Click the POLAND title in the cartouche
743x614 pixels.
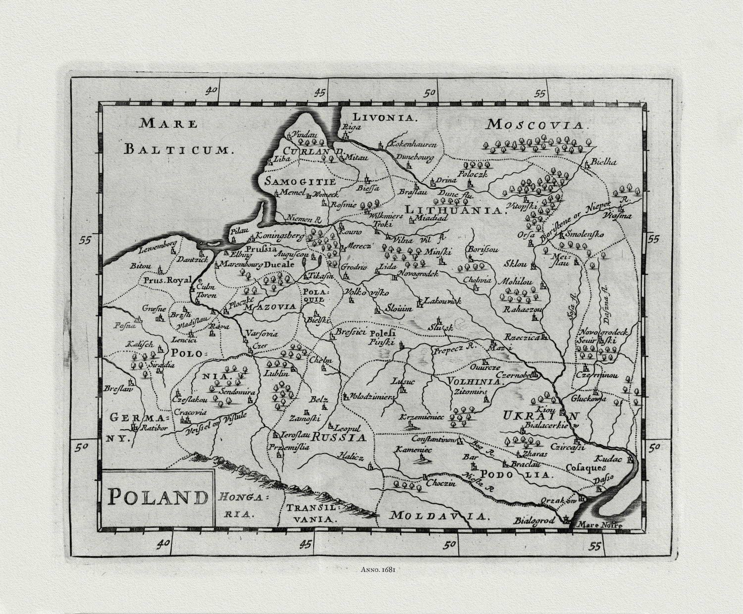158,496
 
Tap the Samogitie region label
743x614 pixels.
300,181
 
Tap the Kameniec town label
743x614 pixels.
413,450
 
